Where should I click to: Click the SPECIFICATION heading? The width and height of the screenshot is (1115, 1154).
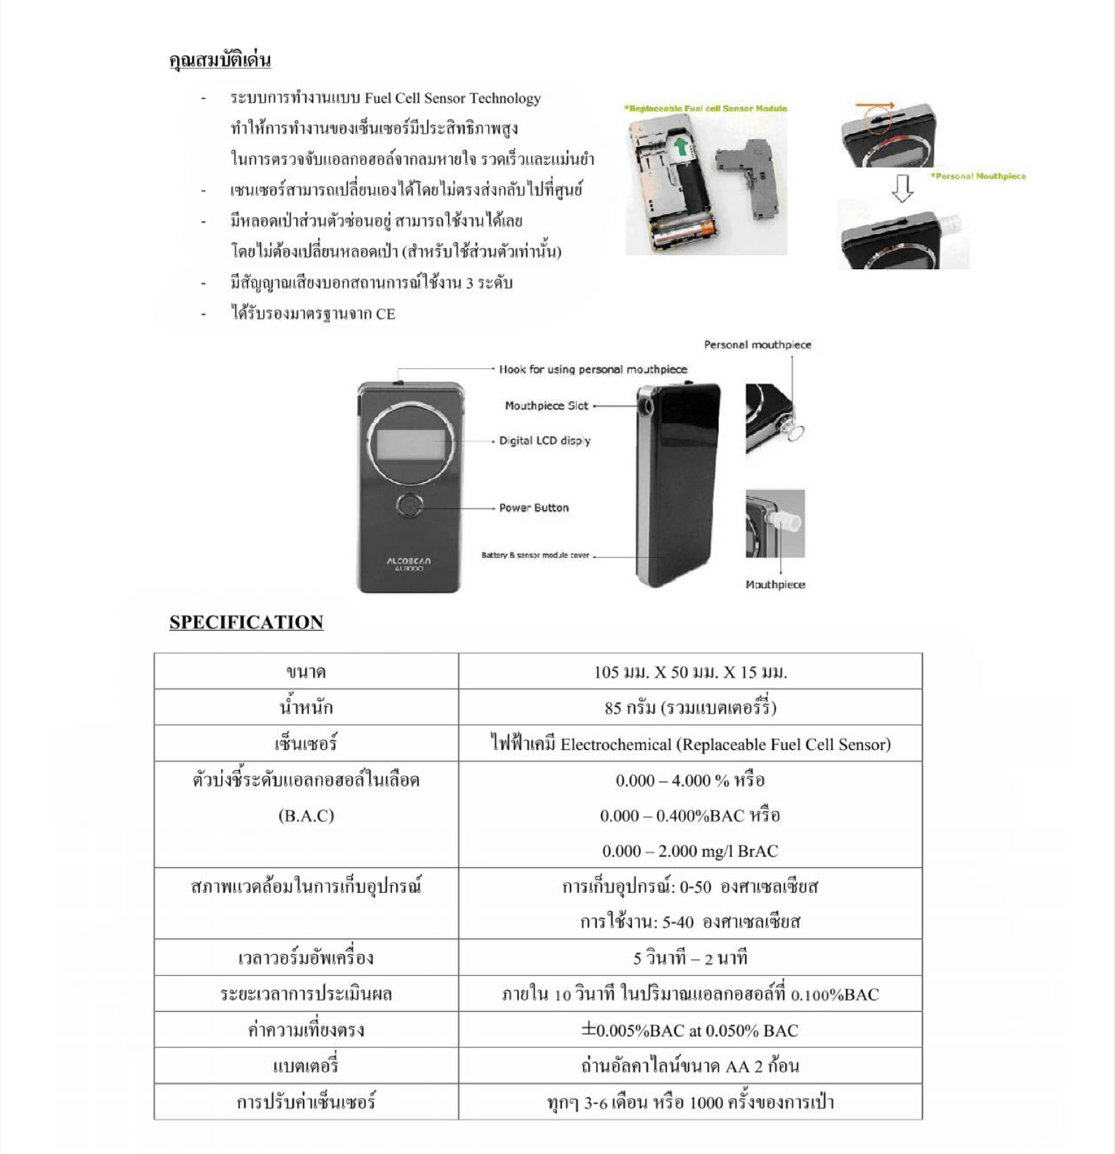pyautogui.click(x=246, y=622)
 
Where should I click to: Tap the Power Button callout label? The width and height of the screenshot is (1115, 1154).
pyautogui.click(x=533, y=508)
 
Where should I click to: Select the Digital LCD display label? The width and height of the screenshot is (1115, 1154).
pyautogui.click(x=544, y=441)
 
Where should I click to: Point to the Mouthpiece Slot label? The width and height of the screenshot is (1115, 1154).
pyautogui.click(x=546, y=406)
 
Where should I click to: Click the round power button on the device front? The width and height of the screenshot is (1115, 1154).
pyautogui.click(x=410, y=506)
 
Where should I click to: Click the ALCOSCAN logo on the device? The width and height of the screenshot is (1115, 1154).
pyautogui.click(x=409, y=561)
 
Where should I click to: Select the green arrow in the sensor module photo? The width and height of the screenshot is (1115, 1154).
pyautogui.click(x=682, y=146)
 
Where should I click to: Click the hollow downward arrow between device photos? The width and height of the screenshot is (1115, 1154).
pyautogui.click(x=903, y=188)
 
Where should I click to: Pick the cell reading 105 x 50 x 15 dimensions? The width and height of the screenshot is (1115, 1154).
pyautogui.click(x=690, y=672)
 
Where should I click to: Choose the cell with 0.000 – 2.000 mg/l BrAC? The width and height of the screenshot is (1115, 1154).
pyautogui.click(x=690, y=851)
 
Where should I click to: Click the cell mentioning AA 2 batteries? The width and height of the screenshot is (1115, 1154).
pyautogui.click(x=690, y=1066)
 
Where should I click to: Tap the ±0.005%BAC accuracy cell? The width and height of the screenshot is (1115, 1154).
pyautogui.click(x=690, y=1030)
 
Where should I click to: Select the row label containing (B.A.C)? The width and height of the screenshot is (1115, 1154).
pyautogui.click(x=306, y=815)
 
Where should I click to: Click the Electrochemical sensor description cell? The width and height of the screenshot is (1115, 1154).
pyautogui.click(x=690, y=744)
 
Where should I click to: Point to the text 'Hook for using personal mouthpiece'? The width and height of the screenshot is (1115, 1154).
pyautogui.click(x=593, y=369)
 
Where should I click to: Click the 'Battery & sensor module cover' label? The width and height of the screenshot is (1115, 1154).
pyautogui.click(x=535, y=555)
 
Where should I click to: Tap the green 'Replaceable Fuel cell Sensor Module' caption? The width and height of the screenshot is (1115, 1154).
pyautogui.click(x=706, y=109)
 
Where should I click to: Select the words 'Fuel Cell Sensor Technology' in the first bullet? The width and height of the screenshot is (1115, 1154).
pyautogui.click(x=452, y=98)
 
